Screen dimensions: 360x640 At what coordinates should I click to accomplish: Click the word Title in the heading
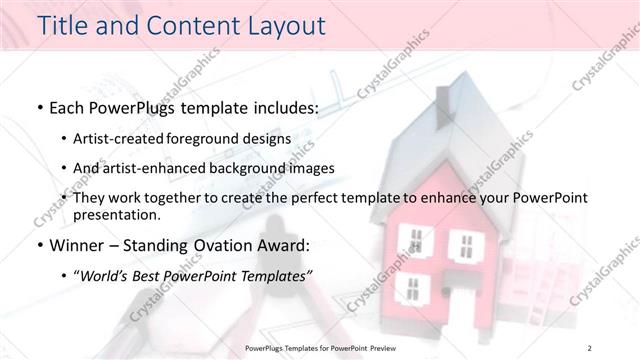61,25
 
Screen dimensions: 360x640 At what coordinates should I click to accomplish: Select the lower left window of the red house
411,289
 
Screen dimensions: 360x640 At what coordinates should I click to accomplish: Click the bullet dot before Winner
38,245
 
